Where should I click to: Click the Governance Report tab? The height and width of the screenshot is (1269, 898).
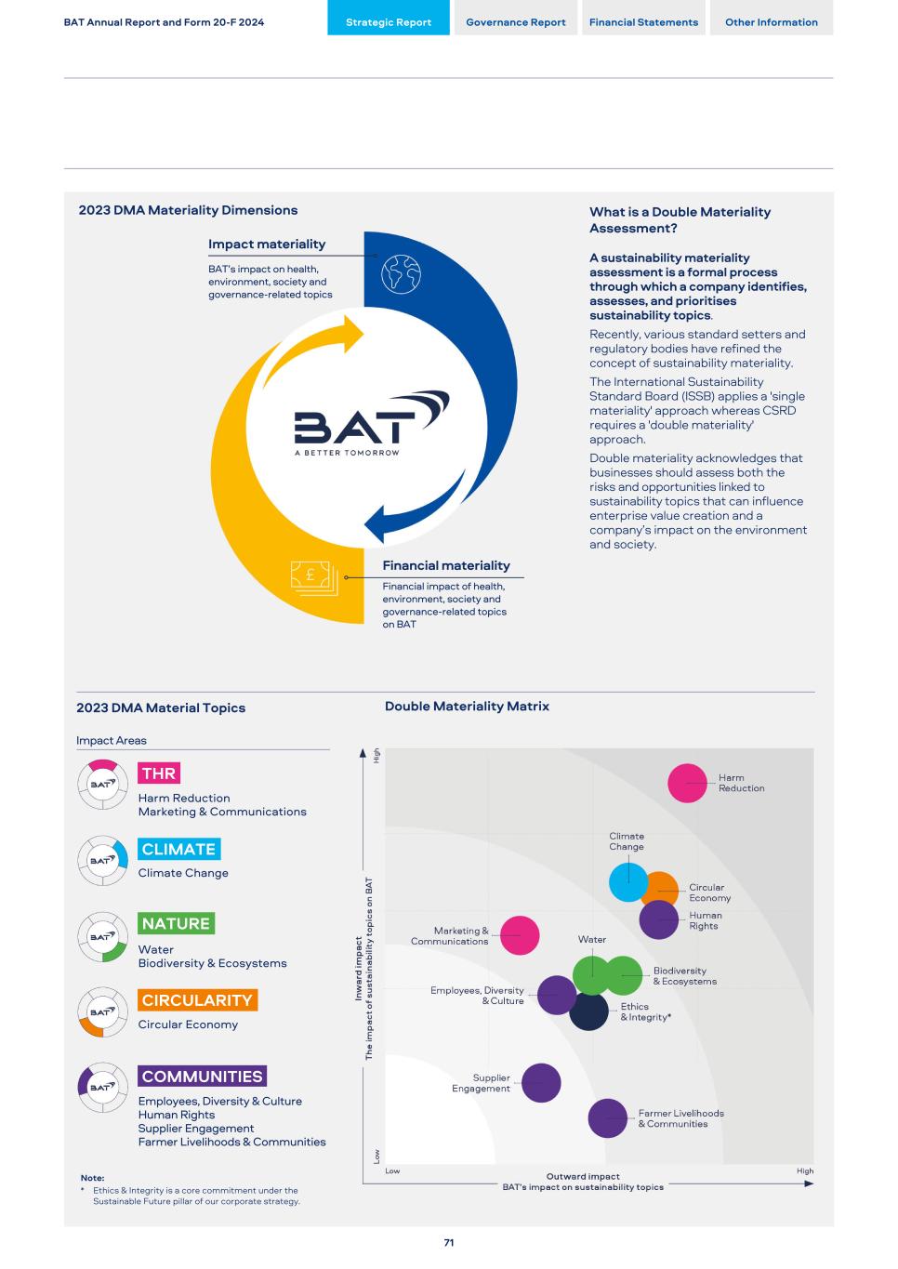pos(515,22)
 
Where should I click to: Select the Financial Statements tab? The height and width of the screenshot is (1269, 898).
pos(643,22)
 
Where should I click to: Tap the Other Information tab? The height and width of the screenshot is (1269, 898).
pos(772,22)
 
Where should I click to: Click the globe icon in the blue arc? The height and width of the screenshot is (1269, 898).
pos(402,274)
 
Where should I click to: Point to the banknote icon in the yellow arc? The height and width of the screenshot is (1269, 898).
pos(313,577)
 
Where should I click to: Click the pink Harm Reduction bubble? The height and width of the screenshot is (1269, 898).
pos(687,783)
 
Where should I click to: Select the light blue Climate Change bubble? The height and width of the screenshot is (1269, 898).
pos(627,882)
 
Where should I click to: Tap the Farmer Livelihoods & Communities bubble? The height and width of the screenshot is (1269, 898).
pos(608,1118)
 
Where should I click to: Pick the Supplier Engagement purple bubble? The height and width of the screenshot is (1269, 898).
pos(541,1083)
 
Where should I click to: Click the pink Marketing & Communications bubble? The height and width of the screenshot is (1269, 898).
pos(520,935)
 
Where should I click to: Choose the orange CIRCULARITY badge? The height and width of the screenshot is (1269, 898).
pos(197,1000)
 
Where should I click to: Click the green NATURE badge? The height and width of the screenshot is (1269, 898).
pos(176,923)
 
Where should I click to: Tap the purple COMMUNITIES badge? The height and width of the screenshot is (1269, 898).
pos(202,1077)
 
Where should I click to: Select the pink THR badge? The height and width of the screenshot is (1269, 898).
pos(159,773)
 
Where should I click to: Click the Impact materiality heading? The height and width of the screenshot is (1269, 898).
pos(267,245)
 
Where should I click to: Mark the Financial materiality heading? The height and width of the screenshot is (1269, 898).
pos(446,565)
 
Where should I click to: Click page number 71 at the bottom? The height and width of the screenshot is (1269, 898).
pos(449,1243)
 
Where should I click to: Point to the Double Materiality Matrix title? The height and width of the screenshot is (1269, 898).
pos(467,707)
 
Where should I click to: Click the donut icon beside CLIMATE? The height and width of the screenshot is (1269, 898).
pos(102,861)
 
